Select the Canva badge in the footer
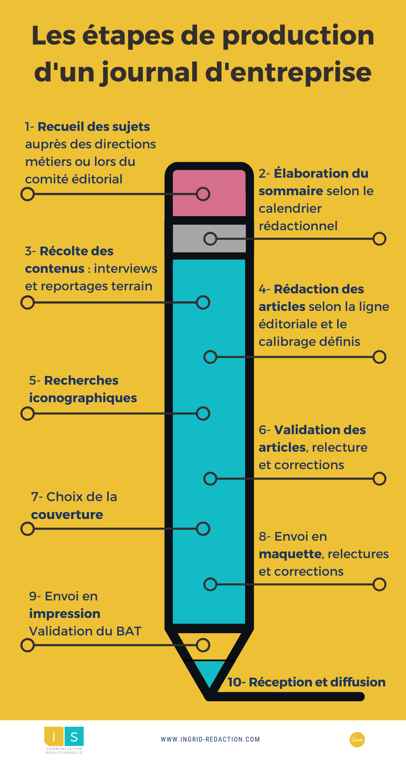click(357, 740)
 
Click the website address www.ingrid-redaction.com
click(210, 739)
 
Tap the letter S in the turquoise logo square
click(74, 737)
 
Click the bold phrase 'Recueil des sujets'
click(94, 127)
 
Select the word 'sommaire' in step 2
click(291, 191)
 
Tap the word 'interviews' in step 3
click(126, 269)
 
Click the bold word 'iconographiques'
click(83, 398)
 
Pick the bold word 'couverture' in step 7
click(67, 515)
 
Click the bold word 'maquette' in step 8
click(290, 554)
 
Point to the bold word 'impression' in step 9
click(65, 614)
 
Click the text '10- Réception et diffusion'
click(307, 682)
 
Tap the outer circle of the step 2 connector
click(379, 239)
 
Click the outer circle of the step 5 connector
click(27, 414)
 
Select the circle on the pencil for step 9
click(203, 645)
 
